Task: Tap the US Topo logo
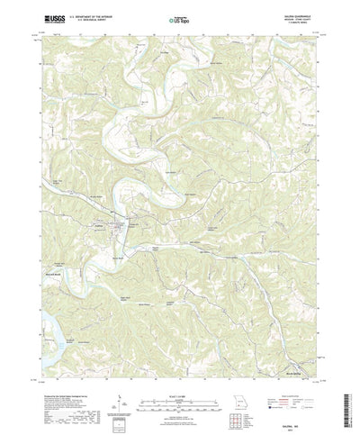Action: coord(180,19)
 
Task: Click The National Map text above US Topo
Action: coord(180,13)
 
